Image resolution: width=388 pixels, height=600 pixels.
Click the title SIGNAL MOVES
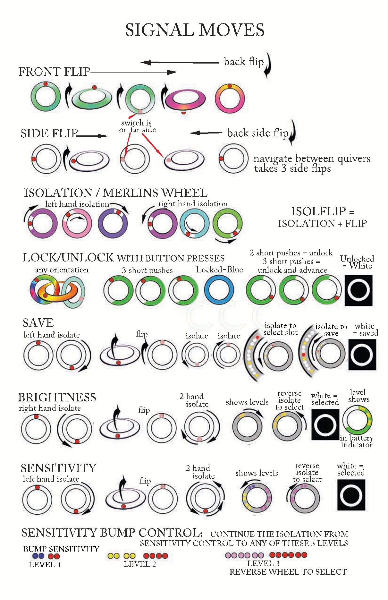point(195,30)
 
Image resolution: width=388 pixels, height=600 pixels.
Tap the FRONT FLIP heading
point(54,72)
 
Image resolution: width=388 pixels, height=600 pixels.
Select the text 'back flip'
point(244,62)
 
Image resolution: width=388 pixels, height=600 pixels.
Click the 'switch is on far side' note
point(138,126)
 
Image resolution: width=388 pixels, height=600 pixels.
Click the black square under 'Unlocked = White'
point(358,292)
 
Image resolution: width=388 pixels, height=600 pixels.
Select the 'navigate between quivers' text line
point(312,158)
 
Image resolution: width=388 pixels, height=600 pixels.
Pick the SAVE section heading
point(38,322)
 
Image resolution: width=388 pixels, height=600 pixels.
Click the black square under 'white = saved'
point(362,355)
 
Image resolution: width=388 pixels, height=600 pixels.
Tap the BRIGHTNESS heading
point(57,397)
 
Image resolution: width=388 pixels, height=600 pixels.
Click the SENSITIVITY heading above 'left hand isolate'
point(58,468)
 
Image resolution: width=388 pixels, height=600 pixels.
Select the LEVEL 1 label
point(45,565)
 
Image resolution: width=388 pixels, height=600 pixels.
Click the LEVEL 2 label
point(140,564)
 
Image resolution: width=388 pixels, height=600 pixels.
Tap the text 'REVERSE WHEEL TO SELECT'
point(288,572)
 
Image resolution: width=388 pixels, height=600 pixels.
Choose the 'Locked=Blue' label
point(219,270)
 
